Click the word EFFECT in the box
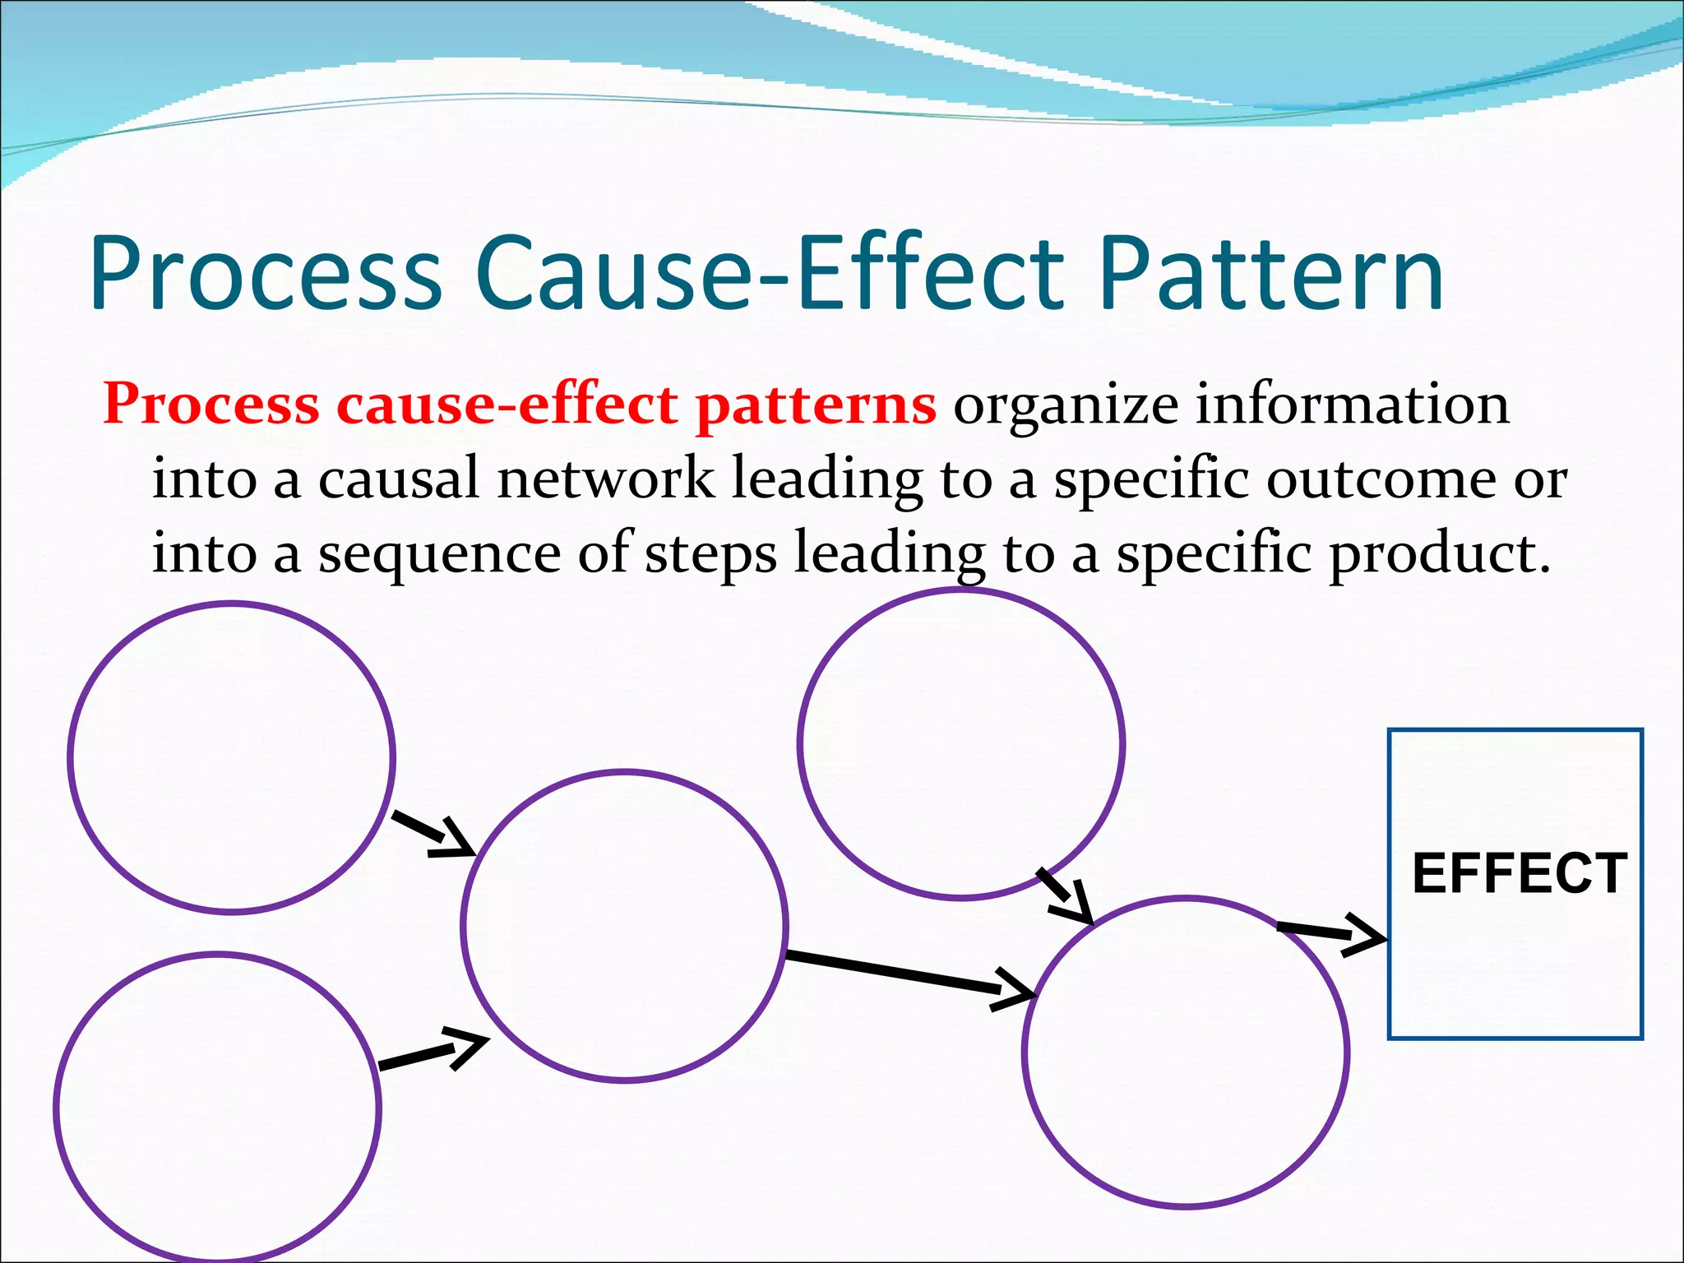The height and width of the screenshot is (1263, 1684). point(1519,873)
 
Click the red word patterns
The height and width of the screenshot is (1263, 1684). point(815,405)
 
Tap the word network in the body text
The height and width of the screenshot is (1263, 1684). point(605,479)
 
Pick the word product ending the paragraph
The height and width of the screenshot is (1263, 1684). point(1431,553)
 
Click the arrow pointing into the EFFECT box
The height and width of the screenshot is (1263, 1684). point(1332,935)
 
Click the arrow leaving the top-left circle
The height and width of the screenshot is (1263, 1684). point(433,834)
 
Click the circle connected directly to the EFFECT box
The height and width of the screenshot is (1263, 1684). point(1186,1052)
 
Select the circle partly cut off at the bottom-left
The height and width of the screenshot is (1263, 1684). point(218,1106)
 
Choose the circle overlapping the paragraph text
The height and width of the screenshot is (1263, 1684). point(960,744)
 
